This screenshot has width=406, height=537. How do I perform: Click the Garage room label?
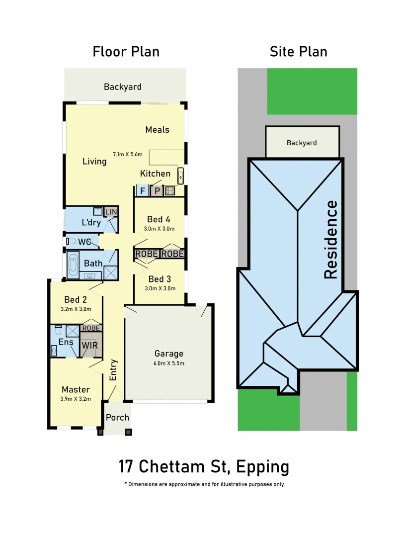click(168, 354)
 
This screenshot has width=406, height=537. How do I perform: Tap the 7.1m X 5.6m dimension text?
click(128, 154)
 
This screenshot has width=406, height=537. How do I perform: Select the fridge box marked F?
click(142, 190)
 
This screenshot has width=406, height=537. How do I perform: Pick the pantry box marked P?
click(157, 190)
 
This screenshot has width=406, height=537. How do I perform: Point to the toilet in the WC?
click(71, 242)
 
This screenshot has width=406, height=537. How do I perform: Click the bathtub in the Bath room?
click(73, 264)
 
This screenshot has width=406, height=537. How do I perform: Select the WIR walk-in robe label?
click(89, 345)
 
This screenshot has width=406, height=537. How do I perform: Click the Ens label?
click(66, 342)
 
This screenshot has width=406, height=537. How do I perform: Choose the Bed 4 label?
click(159, 219)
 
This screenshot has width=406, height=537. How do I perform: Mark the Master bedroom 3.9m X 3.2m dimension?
click(76, 398)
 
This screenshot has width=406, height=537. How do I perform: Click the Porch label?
click(117, 418)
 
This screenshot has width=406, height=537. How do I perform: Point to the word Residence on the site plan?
click(331, 239)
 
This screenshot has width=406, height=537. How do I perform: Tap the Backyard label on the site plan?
click(302, 143)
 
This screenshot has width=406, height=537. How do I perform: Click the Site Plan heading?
click(298, 52)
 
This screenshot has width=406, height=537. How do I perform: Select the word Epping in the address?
click(262, 467)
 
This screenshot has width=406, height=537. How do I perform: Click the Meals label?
click(157, 130)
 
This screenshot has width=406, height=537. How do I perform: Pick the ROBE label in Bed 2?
click(91, 328)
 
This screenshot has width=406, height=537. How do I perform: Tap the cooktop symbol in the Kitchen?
click(170, 190)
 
